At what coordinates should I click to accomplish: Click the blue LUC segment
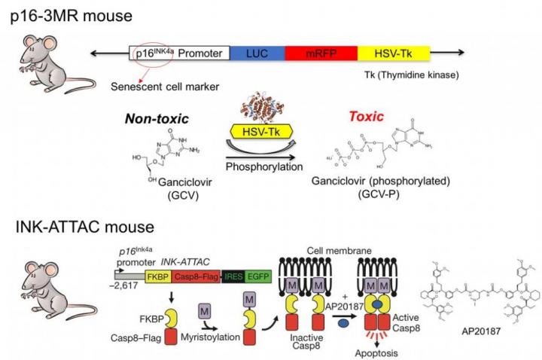pyautogui.click(x=256, y=53)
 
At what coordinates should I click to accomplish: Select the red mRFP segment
pyautogui.click(x=320, y=53)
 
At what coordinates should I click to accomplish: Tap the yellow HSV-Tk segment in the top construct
pyautogui.click(x=391, y=53)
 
